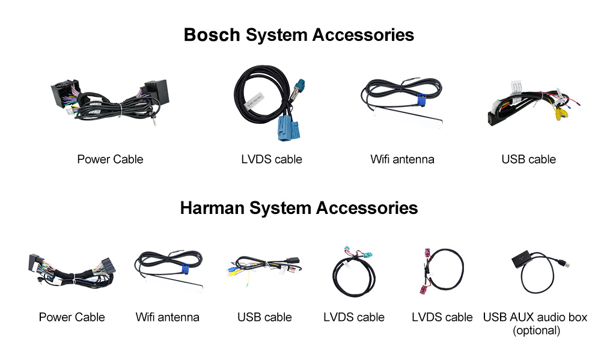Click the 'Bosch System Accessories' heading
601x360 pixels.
click(x=299, y=34)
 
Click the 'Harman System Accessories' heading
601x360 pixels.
click(x=299, y=208)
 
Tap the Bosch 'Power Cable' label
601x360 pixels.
click(x=110, y=159)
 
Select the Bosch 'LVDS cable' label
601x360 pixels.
click(x=271, y=159)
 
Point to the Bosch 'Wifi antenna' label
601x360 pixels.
click(x=402, y=159)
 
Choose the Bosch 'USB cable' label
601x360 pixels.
click(x=528, y=159)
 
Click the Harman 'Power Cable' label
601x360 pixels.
click(x=72, y=317)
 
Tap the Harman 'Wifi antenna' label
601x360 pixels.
click(x=167, y=317)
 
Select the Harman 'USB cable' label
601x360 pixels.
click(x=264, y=317)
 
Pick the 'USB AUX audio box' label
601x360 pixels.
click(x=535, y=317)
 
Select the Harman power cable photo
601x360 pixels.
click(x=72, y=270)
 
